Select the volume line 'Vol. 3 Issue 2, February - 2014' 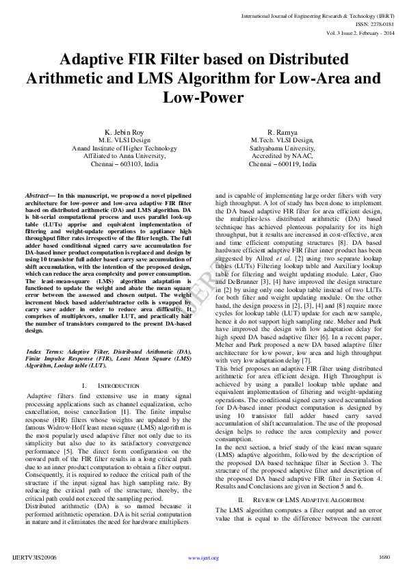pyautogui.click(x=350, y=31)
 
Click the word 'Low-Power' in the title pyautogui.click(x=202, y=97)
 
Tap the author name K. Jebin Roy pyautogui.click(x=123, y=131)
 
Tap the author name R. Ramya pyautogui.click(x=283, y=131)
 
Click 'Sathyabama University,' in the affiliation pyautogui.click(x=283, y=148)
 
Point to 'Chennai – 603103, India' pyautogui.click(x=123, y=164)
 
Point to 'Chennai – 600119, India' pyautogui.click(x=283, y=164)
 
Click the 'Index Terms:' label pyautogui.click(x=42, y=351)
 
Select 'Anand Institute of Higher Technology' pyautogui.click(x=123, y=148)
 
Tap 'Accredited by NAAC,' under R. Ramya pyautogui.click(x=283, y=156)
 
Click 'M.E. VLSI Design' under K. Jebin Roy pyautogui.click(x=123, y=140)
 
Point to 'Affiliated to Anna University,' pyautogui.click(x=123, y=156)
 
